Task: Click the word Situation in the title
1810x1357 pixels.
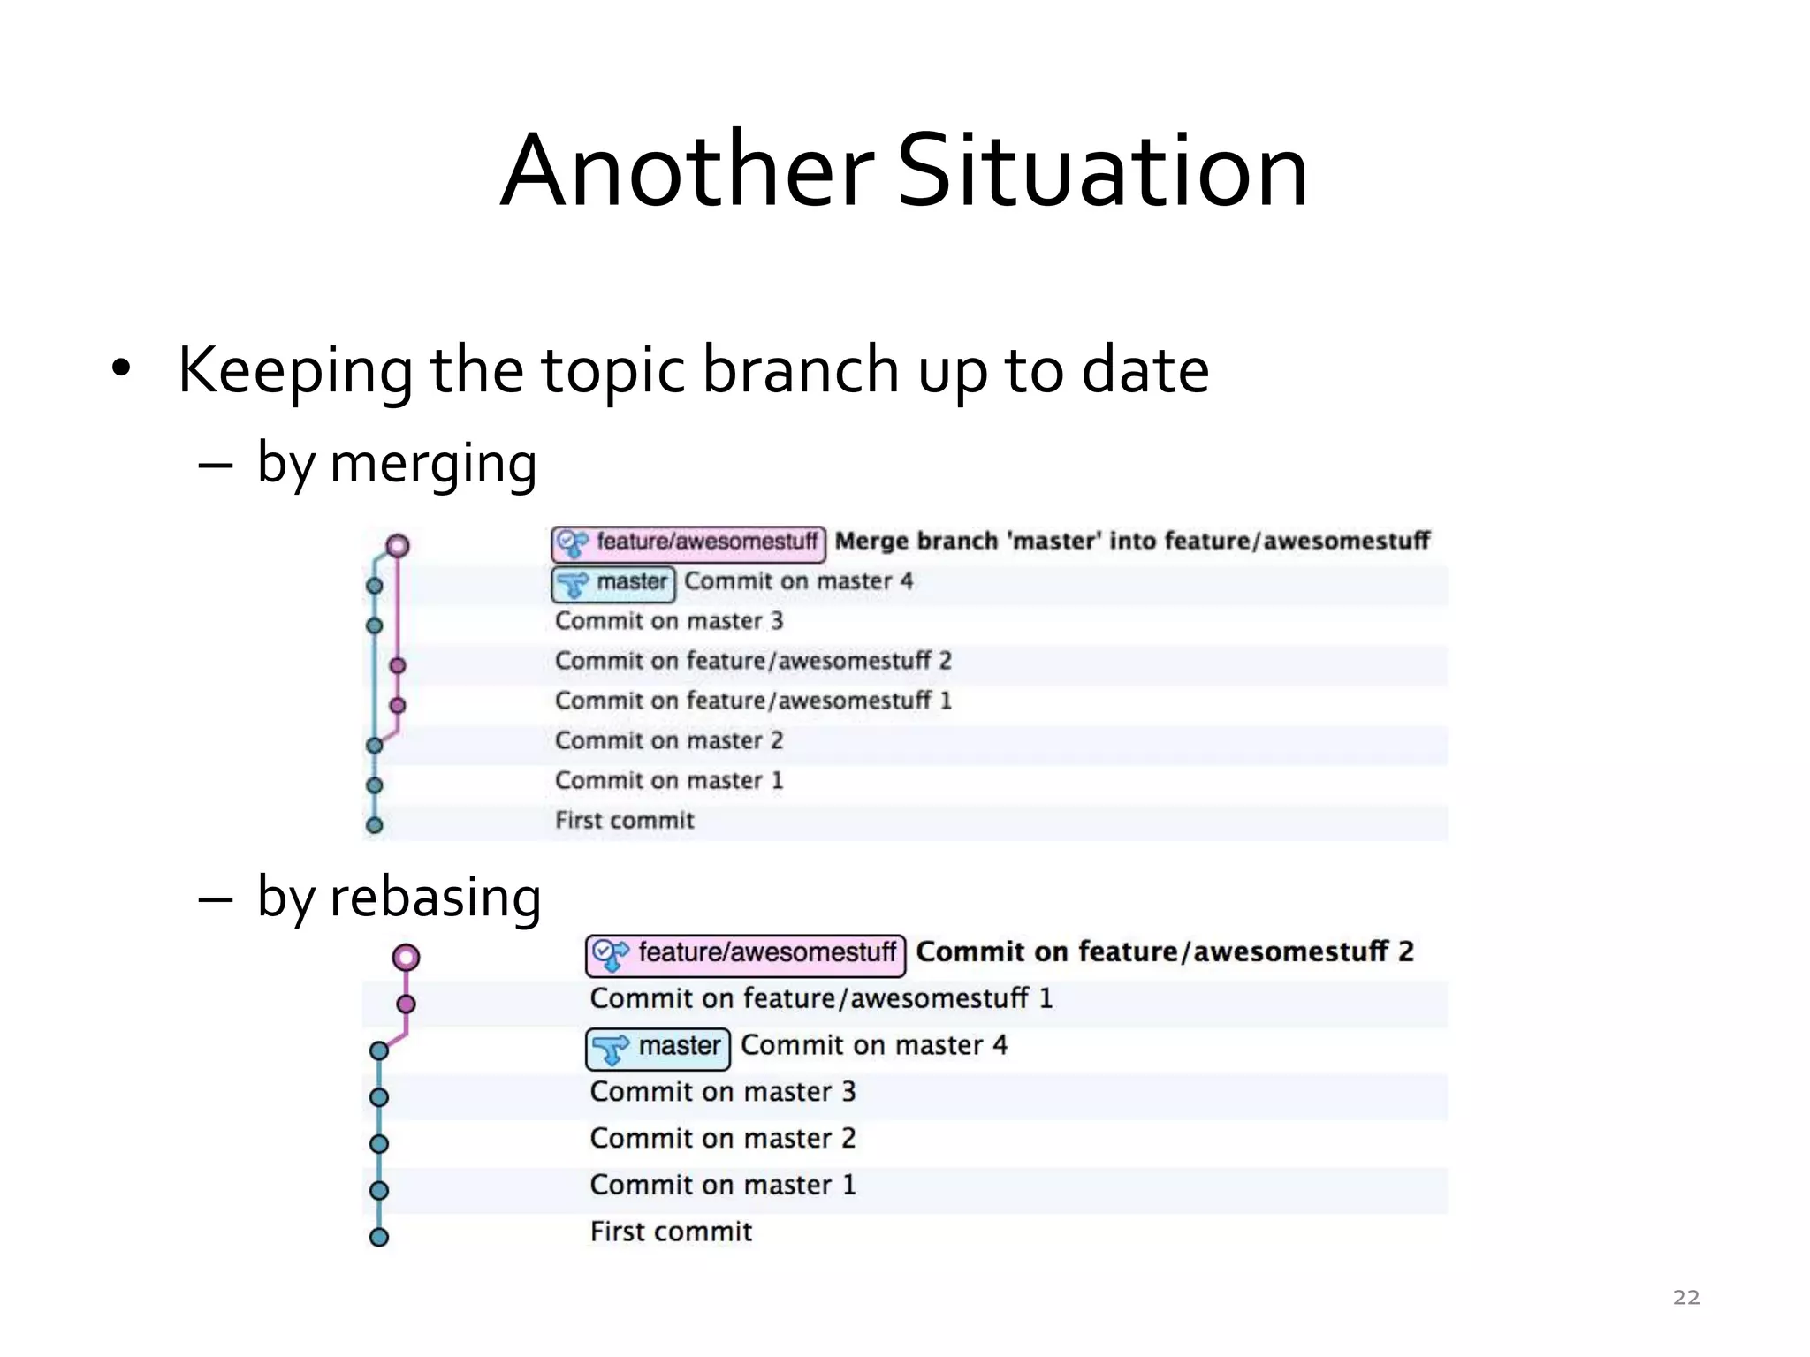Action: click(1102, 171)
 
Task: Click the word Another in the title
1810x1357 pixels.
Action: click(688, 171)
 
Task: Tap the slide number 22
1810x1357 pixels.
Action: click(1686, 1297)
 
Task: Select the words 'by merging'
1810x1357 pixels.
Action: click(397, 463)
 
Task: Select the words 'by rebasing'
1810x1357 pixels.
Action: click(399, 897)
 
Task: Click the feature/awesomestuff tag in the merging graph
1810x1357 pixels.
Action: click(688, 542)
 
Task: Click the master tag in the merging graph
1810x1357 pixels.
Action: click(614, 583)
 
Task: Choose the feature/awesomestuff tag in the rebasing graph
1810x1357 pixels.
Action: click(746, 954)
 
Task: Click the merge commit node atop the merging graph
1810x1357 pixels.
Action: click(398, 545)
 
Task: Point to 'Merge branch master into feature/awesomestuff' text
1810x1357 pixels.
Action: click(1132, 541)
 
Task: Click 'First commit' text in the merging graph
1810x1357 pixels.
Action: click(624, 821)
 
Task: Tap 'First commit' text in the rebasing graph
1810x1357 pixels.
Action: click(671, 1232)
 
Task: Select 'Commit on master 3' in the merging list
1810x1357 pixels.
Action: click(669, 621)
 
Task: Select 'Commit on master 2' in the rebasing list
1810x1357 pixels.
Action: click(723, 1139)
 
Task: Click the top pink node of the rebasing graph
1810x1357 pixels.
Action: click(406, 957)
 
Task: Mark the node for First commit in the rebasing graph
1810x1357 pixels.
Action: click(379, 1237)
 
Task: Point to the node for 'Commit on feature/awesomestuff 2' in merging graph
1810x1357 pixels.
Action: click(398, 665)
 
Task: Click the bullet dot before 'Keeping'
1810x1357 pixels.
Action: click(121, 368)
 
